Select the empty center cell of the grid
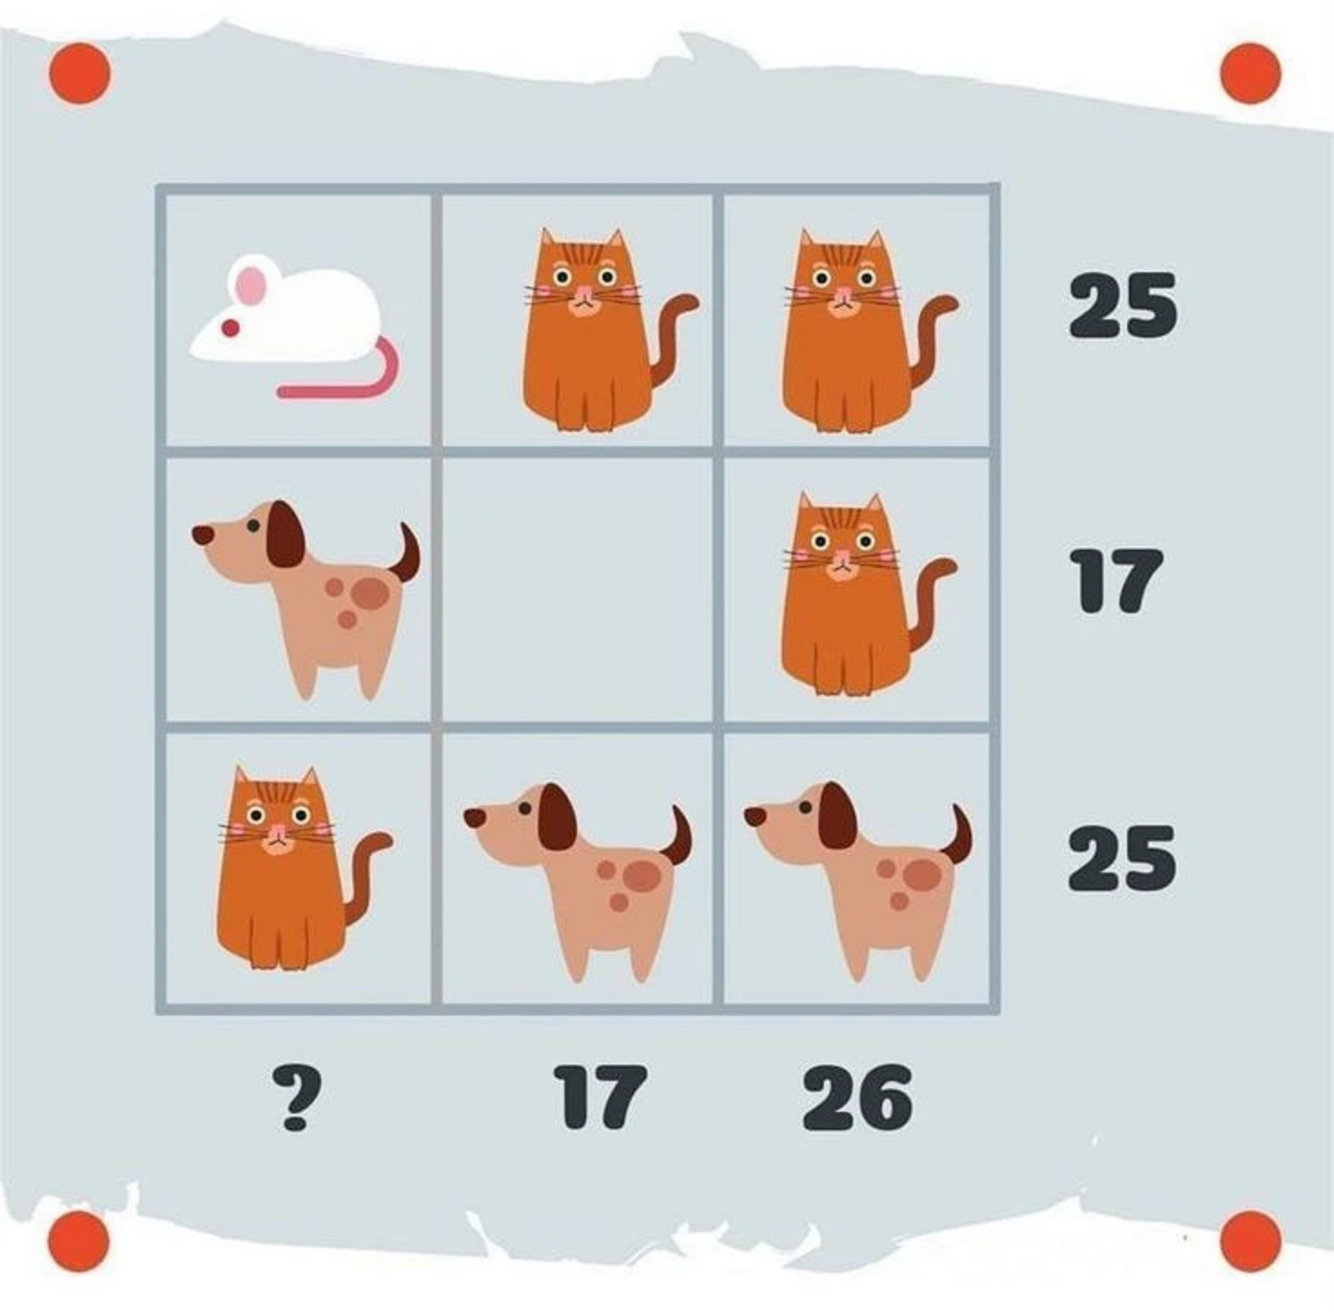577,588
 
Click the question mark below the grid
296,1099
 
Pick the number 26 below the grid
857,1097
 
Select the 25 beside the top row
1123,306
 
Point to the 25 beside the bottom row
1122,858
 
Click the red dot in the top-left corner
80,73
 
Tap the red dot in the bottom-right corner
1251,1242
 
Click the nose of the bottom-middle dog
474,817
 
